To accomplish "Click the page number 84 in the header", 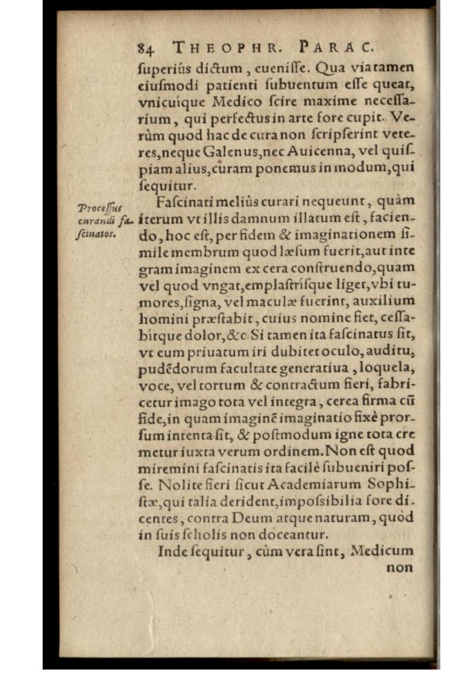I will [x=145, y=48].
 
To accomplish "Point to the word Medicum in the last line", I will [x=381, y=551].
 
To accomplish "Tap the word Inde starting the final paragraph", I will [x=172, y=551].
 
